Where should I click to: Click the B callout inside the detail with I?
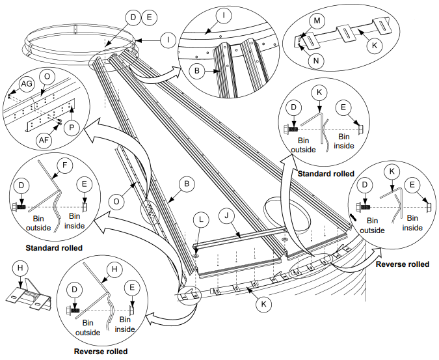tap(200, 68)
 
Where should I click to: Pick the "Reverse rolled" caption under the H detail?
tap(100, 352)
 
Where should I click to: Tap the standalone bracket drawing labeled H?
tap(28, 296)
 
